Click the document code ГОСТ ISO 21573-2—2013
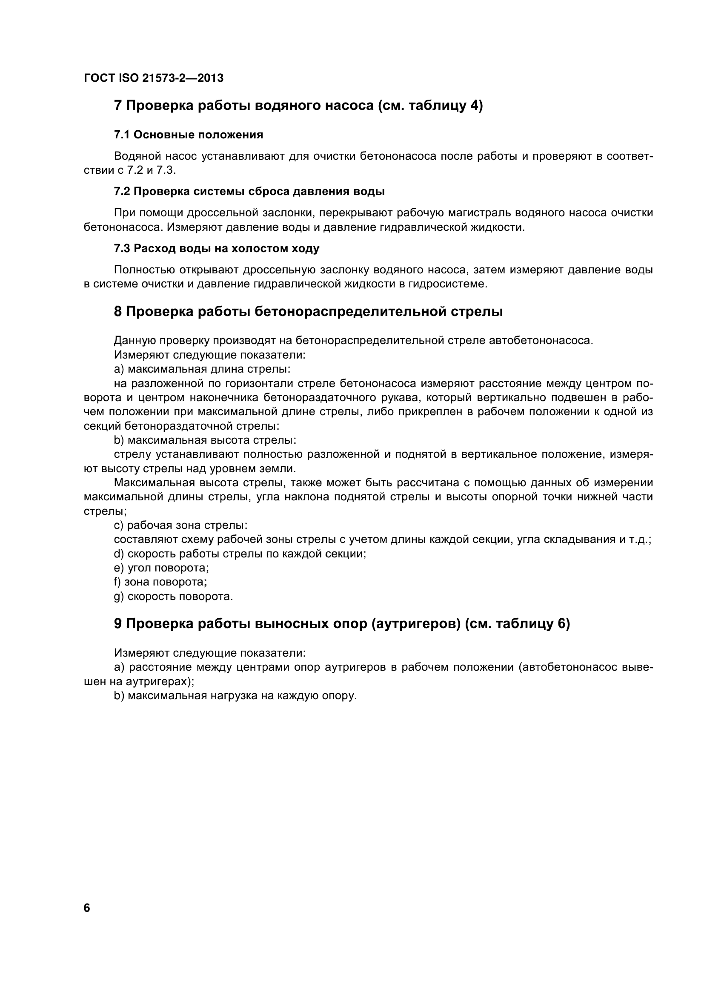(x=154, y=78)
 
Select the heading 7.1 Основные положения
(x=188, y=135)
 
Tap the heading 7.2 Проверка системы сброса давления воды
(x=249, y=191)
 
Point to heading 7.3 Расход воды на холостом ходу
(x=216, y=249)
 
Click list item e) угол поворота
(x=161, y=568)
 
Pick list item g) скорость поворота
(x=173, y=597)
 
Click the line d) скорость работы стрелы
(x=240, y=554)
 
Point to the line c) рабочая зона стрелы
(x=180, y=525)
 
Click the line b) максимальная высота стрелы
(x=205, y=440)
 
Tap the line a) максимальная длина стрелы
(x=202, y=369)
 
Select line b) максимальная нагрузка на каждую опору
(x=235, y=696)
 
